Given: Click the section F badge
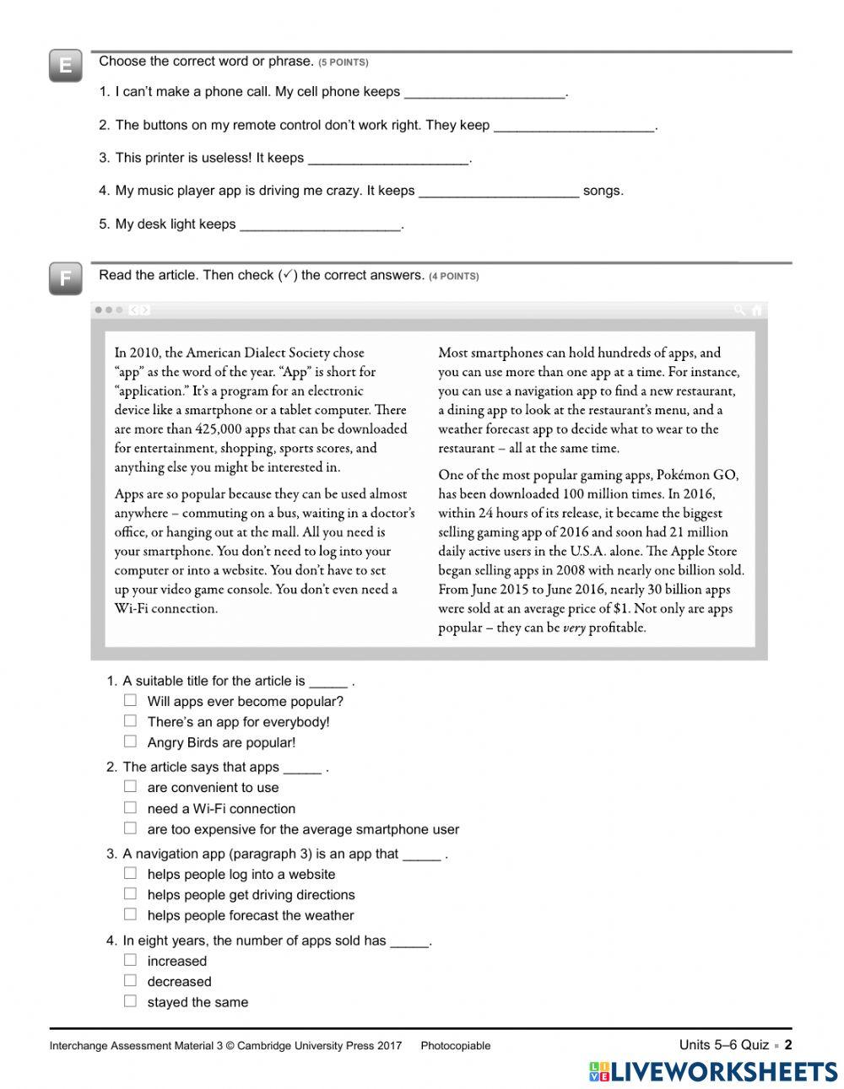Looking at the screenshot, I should pyautogui.click(x=65, y=279).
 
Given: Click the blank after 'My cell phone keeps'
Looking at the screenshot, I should pyautogui.click(x=484, y=93).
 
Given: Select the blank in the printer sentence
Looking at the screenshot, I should pyautogui.click(x=388, y=159).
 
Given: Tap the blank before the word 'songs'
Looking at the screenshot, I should pyautogui.click(x=499, y=191).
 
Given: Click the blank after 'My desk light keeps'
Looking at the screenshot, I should pyautogui.click(x=320, y=225).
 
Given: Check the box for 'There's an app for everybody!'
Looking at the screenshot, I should pyautogui.click(x=130, y=721).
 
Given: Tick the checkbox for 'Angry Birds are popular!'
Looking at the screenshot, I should pyautogui.click(x=130, y=741).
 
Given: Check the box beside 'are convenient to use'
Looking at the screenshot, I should pyautogui.click(x=130, y=786).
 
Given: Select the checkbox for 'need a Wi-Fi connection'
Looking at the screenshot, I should pyautogui.click(x=130, y=807).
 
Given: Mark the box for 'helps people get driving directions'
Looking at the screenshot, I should pyautogui.click(x=130, y=894).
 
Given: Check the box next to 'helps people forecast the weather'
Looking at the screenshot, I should pyautogui.click(x=130, y=914).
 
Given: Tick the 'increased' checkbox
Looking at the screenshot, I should pyautogui.click(x=130, y=960).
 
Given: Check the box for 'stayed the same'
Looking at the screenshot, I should pyautogui.click(x=130, y=1001).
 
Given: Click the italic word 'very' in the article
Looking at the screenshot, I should pyautogui.click(x=574, y=628).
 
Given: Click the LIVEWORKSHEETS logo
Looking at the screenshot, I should pyautogui.click(x=713, y=1071).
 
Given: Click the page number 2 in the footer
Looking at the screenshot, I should pyautogui.click(x=788, y=1045).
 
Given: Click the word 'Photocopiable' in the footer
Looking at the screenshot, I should pyautogui.click(x=455, y=1046).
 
